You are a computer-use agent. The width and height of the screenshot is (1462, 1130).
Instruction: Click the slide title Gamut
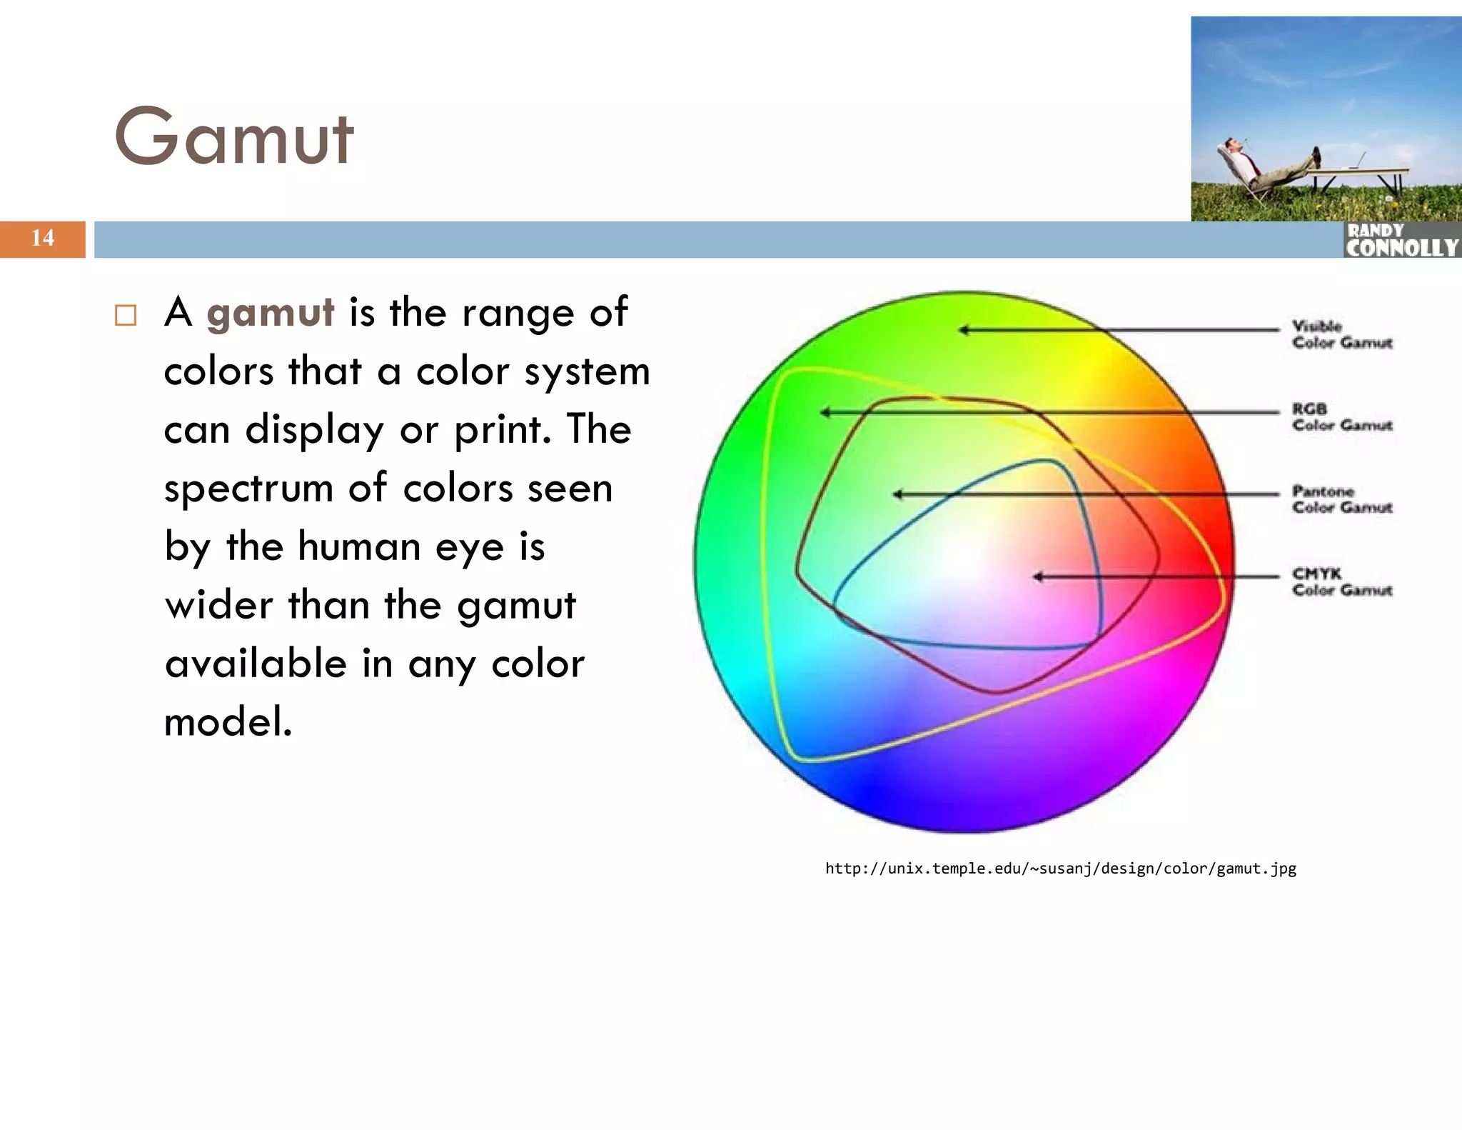click(233, 136)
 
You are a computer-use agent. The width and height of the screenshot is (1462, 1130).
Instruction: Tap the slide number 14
click(42, 239)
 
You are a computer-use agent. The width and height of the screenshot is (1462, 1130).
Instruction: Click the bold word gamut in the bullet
click(270, 313)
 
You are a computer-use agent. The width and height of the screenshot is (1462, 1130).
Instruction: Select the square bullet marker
click(126, 315)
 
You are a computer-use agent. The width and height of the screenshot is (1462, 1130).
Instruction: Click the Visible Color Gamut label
click(1341, 334)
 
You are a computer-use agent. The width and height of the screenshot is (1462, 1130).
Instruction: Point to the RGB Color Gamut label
click(1341, 417)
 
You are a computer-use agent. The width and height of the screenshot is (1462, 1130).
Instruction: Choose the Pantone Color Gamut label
click(1341, 499)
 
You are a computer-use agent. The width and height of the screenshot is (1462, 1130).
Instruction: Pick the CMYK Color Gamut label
click(1341, 581)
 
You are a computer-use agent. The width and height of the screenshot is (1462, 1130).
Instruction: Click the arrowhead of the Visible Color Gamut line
click(964, 330)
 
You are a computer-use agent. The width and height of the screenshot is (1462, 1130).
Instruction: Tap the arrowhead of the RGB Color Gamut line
click(825, 412)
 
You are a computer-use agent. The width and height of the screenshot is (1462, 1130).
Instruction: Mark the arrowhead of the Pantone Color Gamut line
click(898, 494)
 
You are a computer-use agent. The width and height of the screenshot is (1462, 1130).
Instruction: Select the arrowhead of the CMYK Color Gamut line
click(1038, 576)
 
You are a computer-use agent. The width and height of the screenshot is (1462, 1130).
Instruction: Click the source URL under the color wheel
click(1060, 869)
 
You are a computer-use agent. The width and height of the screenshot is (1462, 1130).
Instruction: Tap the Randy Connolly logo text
click(1401, 241)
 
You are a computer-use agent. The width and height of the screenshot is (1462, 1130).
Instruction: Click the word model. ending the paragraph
click(228, 721)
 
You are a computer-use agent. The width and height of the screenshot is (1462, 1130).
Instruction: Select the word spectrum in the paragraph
click(248, 490)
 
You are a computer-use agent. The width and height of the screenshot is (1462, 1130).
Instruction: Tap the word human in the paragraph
click(359, 547)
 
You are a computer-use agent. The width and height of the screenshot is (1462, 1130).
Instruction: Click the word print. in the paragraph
click(503, 431)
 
